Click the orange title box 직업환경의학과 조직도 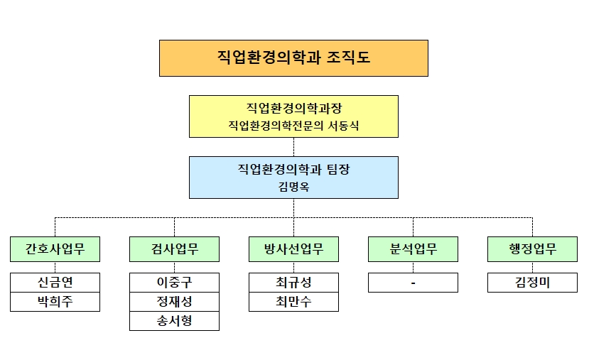click(x=293, y=58)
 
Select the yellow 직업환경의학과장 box click(x=293, y=116)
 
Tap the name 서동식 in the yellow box click(x=343, y=126)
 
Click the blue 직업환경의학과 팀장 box click(x=293, y=178)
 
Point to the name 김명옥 click(x=293, y=187)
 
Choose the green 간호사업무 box click(x=55, y=249)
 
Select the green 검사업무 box click(x=174, y=249)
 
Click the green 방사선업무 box click(x=293, y=249)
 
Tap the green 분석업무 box click(x=414, y=249)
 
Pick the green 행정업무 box click(x=532, y=249)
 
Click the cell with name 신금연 click(x=55, y=283)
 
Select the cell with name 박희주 click(x=55, y=302)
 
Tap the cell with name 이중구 click(x=174, y=283)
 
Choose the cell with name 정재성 click(x=174, y=302)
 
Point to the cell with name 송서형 click(x=174, y=321)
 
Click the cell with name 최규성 click(x=293, y=283)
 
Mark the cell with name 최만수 click(x=293, y=302)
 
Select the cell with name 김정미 click(x=532, y=283)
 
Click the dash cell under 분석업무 click(x=414, y=283)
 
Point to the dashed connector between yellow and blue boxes click(x=293, y=147)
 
